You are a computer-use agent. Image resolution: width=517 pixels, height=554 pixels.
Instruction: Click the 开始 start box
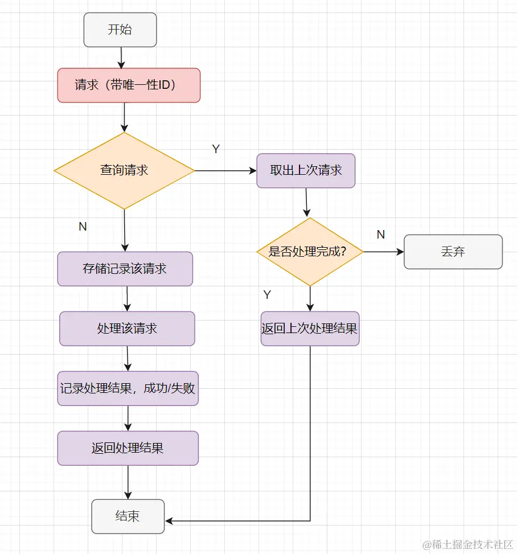[x=120, y=30]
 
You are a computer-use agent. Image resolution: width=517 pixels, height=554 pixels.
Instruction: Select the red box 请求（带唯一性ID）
[x=129, y=85]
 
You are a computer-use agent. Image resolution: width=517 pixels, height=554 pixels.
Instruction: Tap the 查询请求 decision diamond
[x=124, y=170]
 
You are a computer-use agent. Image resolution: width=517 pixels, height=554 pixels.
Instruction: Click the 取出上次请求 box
[x=306, y=170]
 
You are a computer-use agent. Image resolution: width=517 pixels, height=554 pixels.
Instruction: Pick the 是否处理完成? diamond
[x=310, y=252]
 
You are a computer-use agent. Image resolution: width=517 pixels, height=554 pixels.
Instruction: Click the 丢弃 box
[x=453, y=252]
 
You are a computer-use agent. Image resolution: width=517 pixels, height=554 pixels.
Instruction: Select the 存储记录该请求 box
[x=125, y=269]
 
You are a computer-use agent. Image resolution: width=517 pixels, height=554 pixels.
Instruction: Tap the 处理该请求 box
[x=127, y=329]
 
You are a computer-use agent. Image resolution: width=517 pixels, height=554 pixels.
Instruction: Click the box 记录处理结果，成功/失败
[x=128, y=388]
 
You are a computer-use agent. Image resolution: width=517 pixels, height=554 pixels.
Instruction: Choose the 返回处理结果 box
[x=128, y=448]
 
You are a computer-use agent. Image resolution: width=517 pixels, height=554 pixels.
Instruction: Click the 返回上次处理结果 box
[x=310, y=329]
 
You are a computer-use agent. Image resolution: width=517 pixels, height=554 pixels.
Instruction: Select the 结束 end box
[x=128, y=516]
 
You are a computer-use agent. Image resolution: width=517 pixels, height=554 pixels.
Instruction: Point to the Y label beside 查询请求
[x=216, y=149]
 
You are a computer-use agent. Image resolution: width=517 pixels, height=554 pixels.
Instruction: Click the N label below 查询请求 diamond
[x=83, y=227]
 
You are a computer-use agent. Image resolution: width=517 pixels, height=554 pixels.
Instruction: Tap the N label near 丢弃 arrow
[x=381, y=235]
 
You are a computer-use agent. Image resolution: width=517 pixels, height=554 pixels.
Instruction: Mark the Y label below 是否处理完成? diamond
[x=267, y=295]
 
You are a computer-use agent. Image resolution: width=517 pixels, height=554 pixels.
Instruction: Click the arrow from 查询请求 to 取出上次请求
[x=225, y=170]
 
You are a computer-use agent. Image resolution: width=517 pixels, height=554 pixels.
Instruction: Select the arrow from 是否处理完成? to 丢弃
[x=383, y=252]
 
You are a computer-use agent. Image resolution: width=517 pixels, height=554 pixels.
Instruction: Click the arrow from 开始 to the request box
[x=121, y=58]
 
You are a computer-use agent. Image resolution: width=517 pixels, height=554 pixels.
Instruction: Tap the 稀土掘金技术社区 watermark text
[x=468, y=544]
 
